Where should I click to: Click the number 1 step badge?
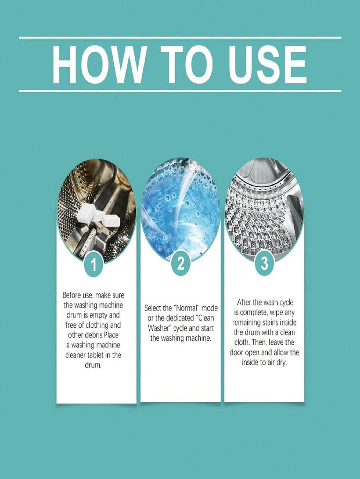(x=94, y=265)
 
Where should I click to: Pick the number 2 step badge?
(x=181, y=263)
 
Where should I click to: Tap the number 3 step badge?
(x=264, y=263)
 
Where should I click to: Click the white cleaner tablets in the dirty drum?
(x=98, y=215)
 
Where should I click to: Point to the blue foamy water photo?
(x=181, y=209)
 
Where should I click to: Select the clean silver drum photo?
(x=264, y=209)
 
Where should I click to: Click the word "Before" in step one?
(x=72, y=295)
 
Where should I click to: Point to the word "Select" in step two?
(x=154, y=308)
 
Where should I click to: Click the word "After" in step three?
(x=245, y=303)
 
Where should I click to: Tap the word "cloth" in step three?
(x=242, y=342)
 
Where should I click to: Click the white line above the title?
(x=180, y=38)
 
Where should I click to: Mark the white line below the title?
(x=180, y=91)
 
